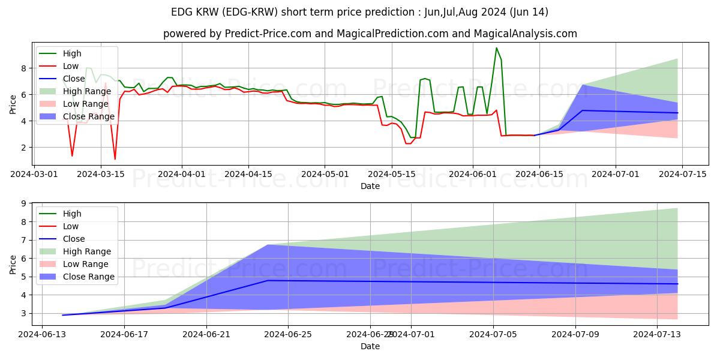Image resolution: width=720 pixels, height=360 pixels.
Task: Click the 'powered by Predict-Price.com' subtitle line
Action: click(370, 34)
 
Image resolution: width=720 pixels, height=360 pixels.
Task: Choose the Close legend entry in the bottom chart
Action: click(73, 239)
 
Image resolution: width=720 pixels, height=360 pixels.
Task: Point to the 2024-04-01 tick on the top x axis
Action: click(182, 174)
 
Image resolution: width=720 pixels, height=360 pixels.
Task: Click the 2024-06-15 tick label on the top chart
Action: click(539, 174)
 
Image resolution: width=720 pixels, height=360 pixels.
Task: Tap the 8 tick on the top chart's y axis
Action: click(25, 68)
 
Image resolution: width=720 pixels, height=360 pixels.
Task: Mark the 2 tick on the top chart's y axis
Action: click(25, 148)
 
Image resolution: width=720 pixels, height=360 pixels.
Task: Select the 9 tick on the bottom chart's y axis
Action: click(25, 203)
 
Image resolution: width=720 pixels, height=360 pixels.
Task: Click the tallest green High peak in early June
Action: click(496, 48)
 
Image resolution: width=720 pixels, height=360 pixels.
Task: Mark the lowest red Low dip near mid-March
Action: click(115, 159)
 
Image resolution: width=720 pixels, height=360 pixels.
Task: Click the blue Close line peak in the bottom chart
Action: click(268, 280)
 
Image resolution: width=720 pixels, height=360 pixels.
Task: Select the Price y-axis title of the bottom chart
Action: click(13, 264)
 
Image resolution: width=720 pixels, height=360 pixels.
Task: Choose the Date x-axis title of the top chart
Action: click(370, 186)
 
